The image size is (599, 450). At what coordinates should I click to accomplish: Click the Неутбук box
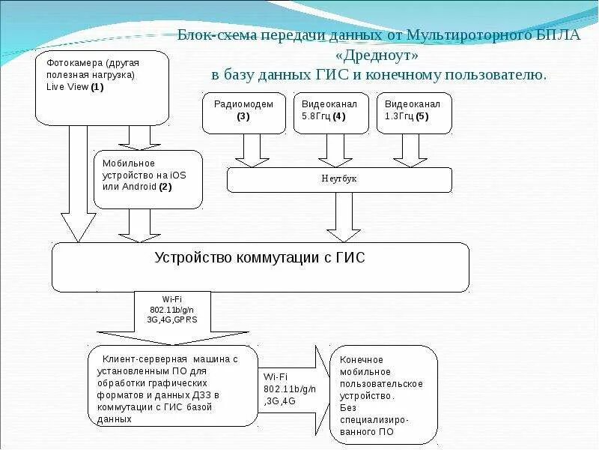coord(339,180)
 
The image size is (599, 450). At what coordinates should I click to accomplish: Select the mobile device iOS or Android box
coord(148,178)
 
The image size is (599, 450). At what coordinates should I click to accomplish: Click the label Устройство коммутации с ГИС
coord(260,258)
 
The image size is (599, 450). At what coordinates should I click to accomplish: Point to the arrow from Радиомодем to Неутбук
coord(252,150)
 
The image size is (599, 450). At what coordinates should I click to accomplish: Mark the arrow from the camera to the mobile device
coord(140,137)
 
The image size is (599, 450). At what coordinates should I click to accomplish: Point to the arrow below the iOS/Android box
coord(140,224)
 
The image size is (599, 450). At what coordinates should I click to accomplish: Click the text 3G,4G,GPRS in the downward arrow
coord(172,319)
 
